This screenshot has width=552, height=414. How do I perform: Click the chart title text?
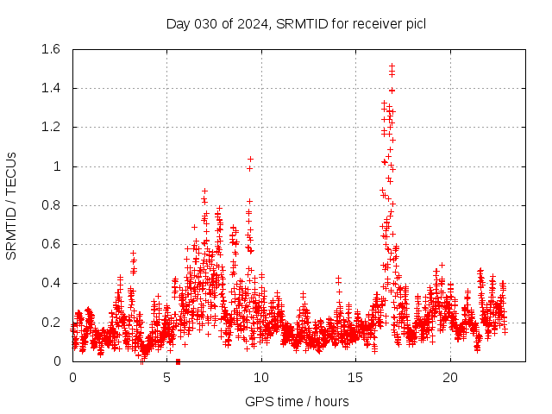[296, 23]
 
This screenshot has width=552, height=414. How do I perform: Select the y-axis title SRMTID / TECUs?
[11, 205]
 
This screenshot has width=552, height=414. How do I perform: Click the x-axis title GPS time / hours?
[297, 401]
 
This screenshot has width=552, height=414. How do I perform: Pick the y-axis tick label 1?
[57, 166]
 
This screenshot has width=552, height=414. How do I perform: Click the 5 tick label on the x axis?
[167, 378]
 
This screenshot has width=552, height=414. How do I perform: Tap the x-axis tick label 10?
[261, 378]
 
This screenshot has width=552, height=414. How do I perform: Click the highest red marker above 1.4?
[392, 66]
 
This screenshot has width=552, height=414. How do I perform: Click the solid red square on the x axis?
[178, 361]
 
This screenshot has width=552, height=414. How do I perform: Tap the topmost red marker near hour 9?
[250, 159]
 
